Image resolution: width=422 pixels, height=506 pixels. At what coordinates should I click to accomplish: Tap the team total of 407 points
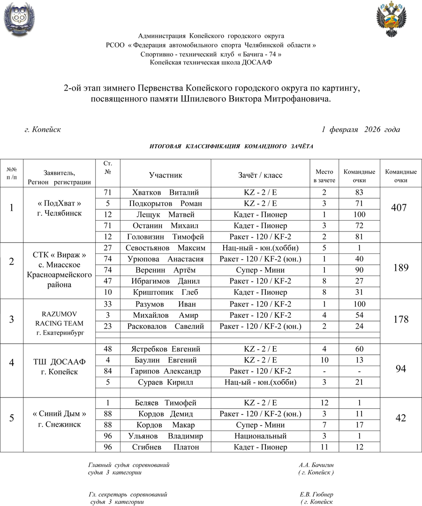(400, 207)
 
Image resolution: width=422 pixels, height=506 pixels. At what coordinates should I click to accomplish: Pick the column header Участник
(165, 175)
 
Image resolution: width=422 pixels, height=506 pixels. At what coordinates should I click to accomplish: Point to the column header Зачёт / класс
(260, 175)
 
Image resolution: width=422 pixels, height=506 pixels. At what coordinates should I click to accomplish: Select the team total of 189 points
(400, 268)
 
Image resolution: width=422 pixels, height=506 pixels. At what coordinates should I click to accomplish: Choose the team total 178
(400, 320)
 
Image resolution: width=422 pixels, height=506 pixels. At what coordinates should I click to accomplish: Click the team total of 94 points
(400, 369)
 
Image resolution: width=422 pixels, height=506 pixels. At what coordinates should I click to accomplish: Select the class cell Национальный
(260, 436)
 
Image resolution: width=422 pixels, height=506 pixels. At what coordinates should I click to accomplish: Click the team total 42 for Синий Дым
(400, 418)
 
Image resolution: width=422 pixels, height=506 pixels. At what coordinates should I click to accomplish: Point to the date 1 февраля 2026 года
(361, 129)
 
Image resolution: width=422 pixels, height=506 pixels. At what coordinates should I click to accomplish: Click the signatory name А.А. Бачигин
(316, 465)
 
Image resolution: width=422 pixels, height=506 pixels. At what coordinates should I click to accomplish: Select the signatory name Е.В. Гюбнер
(316, 495)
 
